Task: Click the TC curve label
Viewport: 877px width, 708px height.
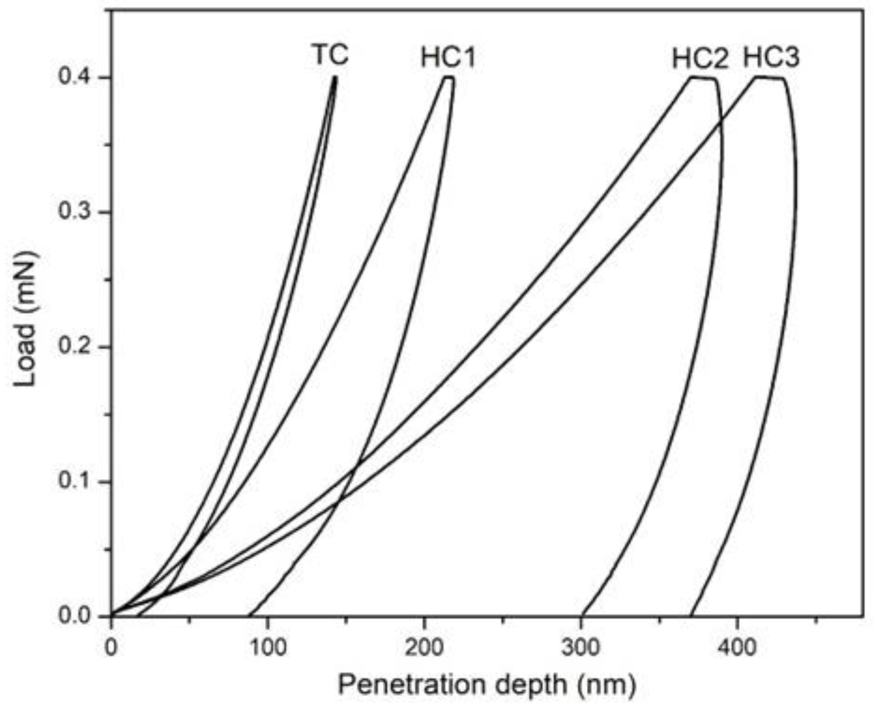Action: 331,55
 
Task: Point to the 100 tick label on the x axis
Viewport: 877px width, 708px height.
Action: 267,648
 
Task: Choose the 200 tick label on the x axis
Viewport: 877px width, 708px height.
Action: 424,648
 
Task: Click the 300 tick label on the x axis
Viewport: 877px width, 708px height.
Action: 580,648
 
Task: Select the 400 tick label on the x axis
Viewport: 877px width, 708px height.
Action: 737,648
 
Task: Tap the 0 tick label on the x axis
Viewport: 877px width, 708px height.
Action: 111,648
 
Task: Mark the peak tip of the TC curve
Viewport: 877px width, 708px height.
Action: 335,77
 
